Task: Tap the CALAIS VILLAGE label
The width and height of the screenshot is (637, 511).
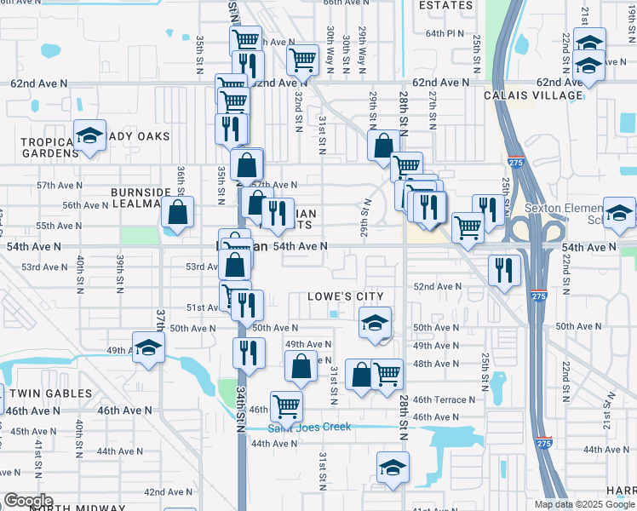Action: [533, 95]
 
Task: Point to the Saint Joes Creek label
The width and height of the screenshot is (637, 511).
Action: [309, 427]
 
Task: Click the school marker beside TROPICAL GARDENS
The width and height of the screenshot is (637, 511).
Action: [89, 136]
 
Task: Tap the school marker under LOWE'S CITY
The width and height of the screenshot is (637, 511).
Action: [375, 324]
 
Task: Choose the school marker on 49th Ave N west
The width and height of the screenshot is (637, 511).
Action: [148, 347]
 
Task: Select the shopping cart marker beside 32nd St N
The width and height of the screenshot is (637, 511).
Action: [302, 60]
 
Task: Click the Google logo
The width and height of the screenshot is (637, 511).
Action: [27, 501]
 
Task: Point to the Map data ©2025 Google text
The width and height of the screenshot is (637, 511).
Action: [584, 504]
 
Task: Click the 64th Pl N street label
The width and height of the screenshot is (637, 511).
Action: [445, 33]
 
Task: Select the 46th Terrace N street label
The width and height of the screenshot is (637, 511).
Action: [444, 399]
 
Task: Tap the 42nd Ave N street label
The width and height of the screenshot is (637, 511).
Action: [167, 492]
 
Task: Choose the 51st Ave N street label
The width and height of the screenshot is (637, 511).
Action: [204, 307]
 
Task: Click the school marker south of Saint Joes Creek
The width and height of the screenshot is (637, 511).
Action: [393, 468]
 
